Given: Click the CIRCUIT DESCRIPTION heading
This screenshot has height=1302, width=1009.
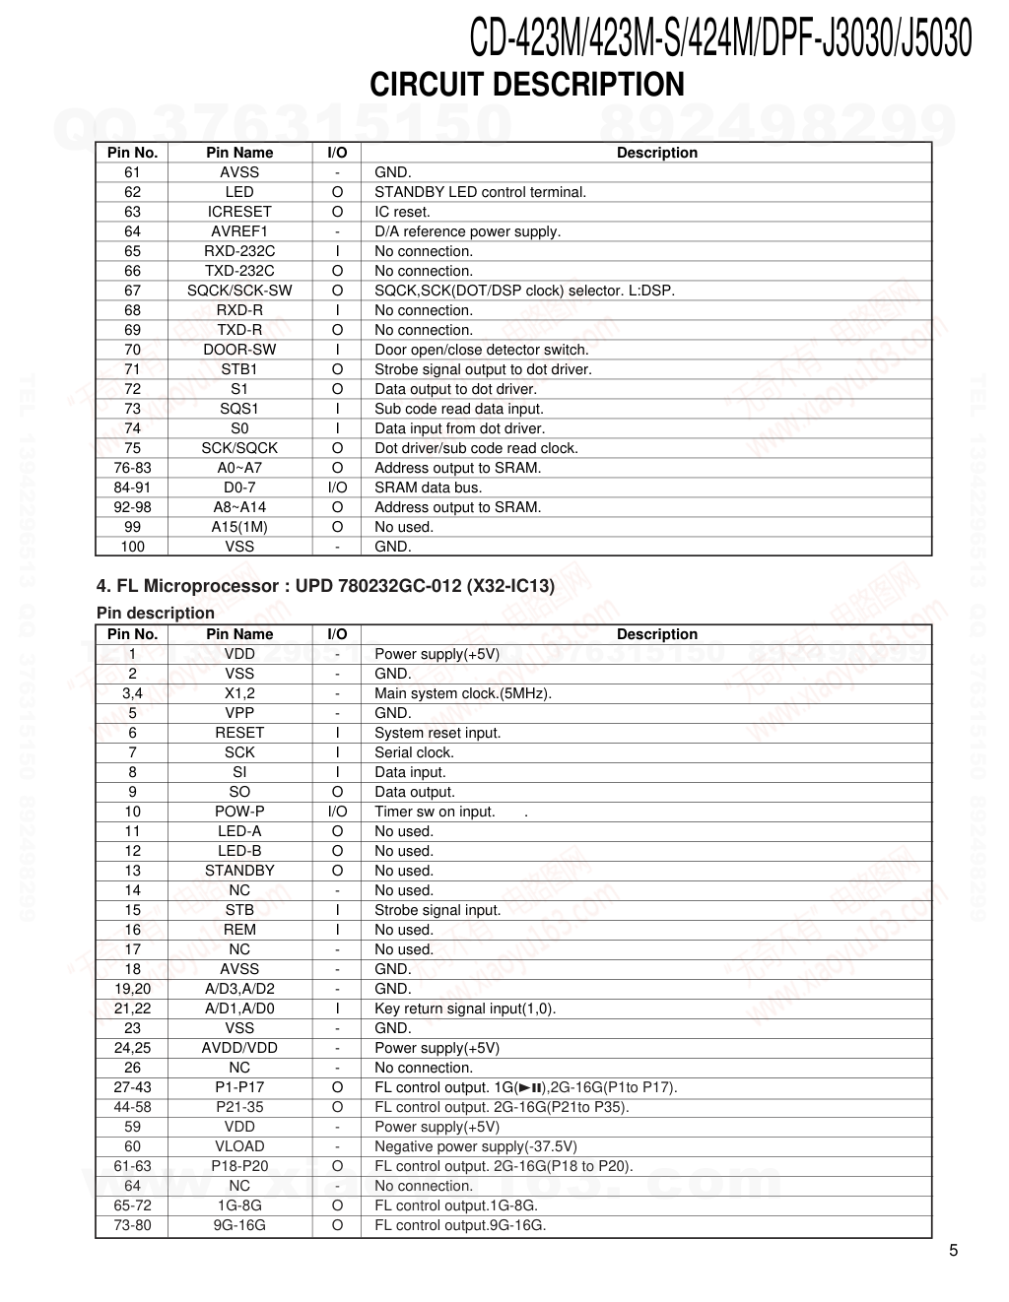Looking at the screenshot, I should (x=526, y=85).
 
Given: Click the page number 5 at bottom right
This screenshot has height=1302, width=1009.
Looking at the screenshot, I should (x=953, y=1251).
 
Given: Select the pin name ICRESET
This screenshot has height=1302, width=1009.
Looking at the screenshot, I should (x=239, y=212).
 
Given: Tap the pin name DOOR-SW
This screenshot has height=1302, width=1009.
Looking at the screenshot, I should (x=239, y=350).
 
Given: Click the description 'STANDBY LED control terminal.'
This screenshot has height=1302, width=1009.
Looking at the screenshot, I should (x=480, y=192).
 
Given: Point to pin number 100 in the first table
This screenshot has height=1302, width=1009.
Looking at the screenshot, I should (x=132, y=547).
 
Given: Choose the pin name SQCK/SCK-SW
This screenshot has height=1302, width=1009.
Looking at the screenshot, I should (x=239, y=291).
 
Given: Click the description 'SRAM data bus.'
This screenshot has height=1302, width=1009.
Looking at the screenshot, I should (x=428, y=488).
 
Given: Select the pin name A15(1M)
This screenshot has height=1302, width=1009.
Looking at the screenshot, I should (x=239, y=527).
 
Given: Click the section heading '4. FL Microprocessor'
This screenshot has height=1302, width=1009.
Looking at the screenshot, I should (x=325, y=586).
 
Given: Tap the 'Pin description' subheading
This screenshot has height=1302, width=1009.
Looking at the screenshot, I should (x=156, y=613).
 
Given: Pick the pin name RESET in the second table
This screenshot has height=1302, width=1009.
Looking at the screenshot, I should (x=239, y=733).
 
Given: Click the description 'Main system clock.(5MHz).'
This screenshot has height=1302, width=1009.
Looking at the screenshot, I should (x=463, y=693).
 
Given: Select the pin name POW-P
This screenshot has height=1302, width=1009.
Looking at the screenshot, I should (x=239, y=812).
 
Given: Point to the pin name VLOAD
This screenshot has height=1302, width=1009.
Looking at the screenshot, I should (x=239, y=1146).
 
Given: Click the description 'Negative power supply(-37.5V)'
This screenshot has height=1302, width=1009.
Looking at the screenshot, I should (x=476, y=1146).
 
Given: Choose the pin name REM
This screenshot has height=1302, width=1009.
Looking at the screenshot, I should (x=239, y=930).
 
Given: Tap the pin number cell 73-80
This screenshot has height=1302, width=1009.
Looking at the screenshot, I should (x=132, y=1225).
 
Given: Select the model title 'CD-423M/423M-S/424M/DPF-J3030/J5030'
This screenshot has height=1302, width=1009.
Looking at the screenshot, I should (x=720, y=39).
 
